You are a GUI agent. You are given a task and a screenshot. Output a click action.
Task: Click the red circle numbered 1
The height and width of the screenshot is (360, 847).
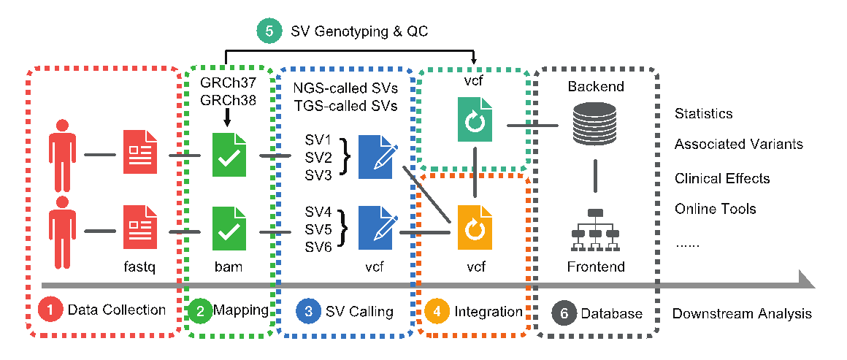click(50, 310)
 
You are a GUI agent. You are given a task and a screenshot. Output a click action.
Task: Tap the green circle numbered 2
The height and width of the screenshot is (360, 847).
click(200, 310)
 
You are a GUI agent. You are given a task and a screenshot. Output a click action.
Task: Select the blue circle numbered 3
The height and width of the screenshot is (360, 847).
click(309, 310)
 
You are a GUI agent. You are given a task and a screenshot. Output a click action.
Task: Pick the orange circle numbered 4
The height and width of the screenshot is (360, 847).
click(437, 310)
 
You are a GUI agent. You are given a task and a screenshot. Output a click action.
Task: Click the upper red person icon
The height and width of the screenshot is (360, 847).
click(62, 153)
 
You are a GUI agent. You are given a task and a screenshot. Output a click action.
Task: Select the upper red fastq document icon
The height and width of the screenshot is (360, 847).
click(139, 152)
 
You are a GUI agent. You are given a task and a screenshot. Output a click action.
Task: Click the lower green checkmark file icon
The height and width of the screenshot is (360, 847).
click(229, 229)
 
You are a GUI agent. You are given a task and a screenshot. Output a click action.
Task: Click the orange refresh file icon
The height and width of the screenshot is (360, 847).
click(475, 229)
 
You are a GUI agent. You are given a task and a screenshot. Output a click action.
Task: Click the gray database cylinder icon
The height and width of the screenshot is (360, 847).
click(594, 123)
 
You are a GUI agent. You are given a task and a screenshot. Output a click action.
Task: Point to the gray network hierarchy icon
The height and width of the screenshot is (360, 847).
click(594, 226)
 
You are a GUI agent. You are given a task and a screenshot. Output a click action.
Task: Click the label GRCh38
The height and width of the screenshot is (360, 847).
click(228, 100)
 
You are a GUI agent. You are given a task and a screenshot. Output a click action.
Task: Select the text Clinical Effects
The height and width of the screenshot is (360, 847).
click(721, 179)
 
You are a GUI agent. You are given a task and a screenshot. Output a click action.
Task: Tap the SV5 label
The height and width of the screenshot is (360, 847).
click(318, 230)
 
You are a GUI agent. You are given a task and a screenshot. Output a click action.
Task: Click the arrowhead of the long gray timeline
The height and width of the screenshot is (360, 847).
click(805, 280)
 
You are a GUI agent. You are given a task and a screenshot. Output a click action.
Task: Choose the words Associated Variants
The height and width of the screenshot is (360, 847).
click(738, 145)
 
